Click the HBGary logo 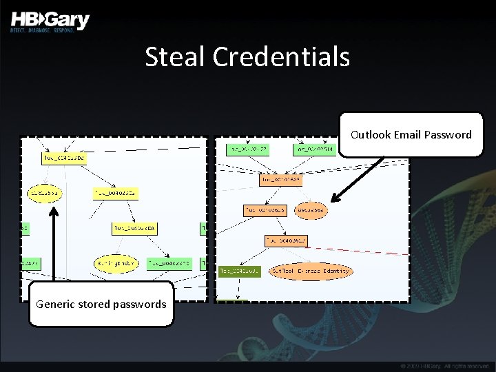pos(50,20)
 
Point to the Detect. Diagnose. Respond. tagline pos(42,32)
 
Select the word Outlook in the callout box pos(371,134)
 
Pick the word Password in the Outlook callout pos(448,134)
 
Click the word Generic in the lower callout pos(56,304)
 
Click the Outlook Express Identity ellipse pos(310,271)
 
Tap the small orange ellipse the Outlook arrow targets pos(311,210)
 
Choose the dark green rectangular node pos(240,271)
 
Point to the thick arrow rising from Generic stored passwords pos(54,245)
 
